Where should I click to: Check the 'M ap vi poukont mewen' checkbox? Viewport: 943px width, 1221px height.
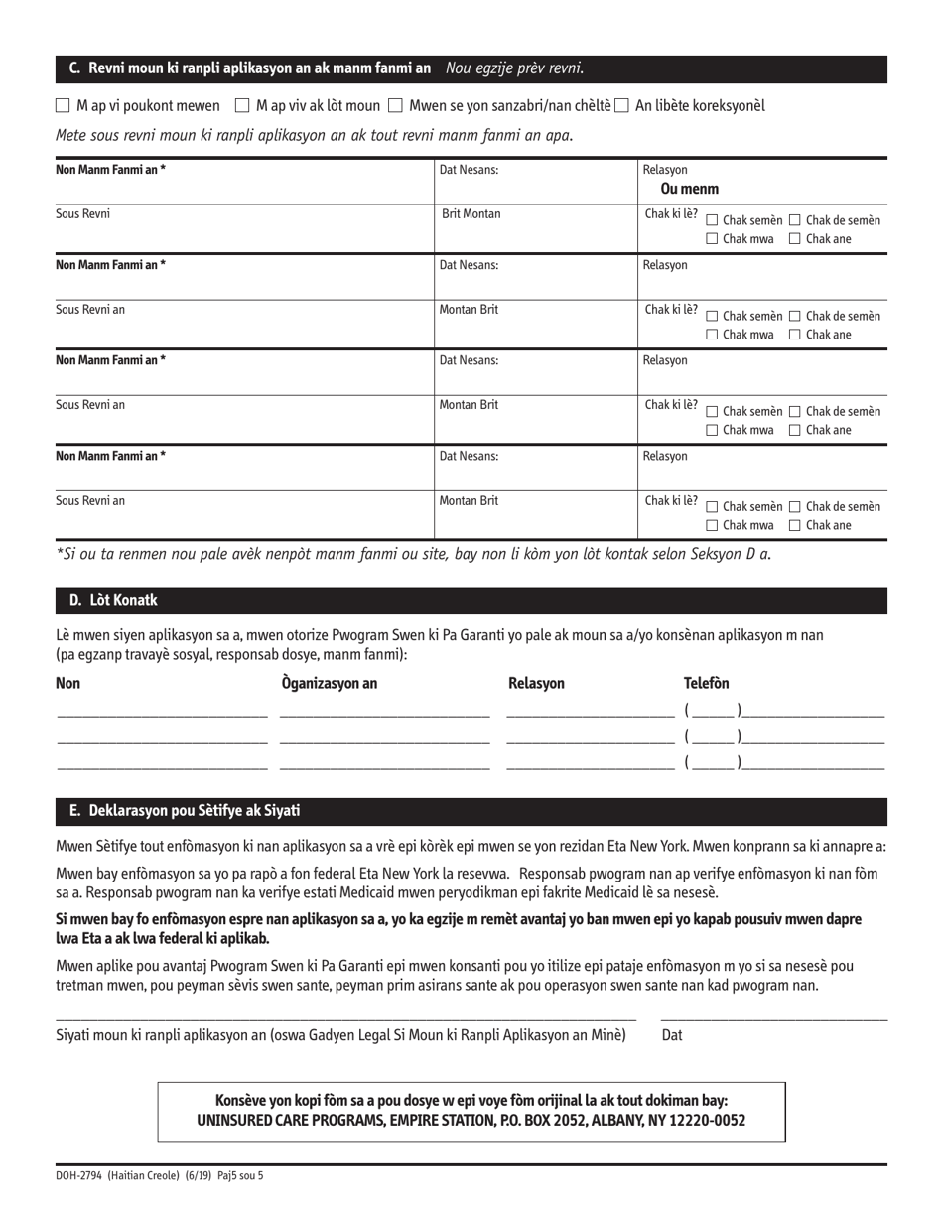point(63,105)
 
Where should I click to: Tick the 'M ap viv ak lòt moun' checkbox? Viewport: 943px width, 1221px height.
point(242,105)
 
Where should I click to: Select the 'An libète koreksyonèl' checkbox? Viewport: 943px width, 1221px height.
point(622,105)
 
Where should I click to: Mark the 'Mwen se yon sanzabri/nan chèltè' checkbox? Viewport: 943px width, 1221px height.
point(395,105)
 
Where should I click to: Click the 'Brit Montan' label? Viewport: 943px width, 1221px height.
point(471,214)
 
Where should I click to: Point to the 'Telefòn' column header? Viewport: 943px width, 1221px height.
point(706,683)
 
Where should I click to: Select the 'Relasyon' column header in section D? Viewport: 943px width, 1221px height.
point(536,683)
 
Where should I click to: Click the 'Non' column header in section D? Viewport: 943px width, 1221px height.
point(67,683)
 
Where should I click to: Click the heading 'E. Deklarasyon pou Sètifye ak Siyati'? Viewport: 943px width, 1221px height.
point(184,811)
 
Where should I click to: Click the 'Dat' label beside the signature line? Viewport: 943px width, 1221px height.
point(672,1035)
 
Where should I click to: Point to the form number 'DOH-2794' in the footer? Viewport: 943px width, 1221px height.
point(82,1176)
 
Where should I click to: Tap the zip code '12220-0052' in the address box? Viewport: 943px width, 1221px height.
point(711,1120)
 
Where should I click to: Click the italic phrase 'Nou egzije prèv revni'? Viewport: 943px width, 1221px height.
point(514,68)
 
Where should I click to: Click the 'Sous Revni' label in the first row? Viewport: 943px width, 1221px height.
point(82,214)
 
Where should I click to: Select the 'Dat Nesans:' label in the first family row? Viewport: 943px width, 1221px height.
point(469,170)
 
